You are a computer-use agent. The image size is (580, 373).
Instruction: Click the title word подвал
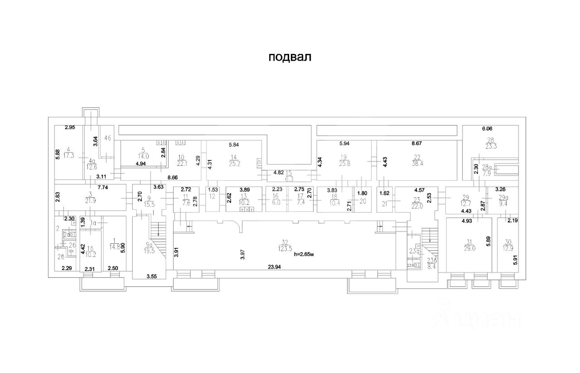[290, 58]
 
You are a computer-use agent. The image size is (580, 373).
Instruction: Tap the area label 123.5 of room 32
[285, 248]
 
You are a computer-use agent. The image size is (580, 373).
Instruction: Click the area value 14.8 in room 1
[115, 247]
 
